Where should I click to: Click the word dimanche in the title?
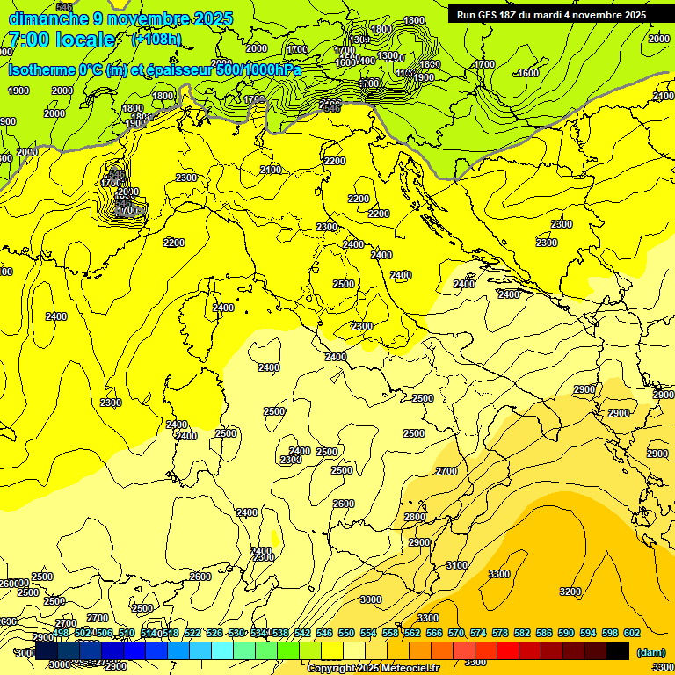(x=46, y=18)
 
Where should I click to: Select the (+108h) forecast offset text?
(x=156, y=40)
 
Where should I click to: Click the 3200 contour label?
(x=570, y=592)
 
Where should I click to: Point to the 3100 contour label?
(x=457, y=565)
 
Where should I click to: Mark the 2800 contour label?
(x=415, y=517)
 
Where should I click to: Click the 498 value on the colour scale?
(x=61, y=633)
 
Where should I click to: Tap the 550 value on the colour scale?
(x=346, y=633)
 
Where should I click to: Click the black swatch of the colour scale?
(x=618, y=650)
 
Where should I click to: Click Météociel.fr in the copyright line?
(x=405, y=669)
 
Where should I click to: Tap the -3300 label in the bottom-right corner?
(x=662, y=669)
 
